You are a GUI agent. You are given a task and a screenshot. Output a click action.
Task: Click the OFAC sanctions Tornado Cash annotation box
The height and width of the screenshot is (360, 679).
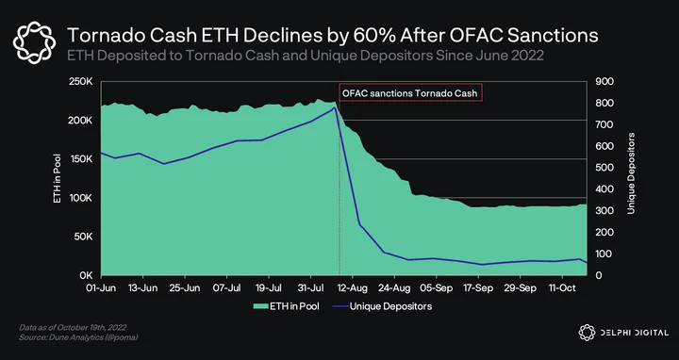click(410, 93)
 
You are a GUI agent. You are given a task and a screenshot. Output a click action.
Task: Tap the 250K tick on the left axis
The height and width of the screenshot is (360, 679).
click(79, 82)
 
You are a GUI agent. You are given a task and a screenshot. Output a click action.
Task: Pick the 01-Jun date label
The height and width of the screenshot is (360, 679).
click(101, 288)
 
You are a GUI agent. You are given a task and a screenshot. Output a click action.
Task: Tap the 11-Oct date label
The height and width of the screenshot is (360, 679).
click(562, 288)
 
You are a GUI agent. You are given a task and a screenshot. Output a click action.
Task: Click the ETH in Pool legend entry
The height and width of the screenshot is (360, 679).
click(287, 306)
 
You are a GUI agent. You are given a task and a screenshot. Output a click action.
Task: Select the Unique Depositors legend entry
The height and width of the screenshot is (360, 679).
click(382, 306)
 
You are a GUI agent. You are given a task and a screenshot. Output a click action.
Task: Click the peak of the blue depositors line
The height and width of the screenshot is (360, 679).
click(334, 107)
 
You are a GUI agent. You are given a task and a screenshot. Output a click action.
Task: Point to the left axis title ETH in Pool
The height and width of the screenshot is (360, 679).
click(58, 179)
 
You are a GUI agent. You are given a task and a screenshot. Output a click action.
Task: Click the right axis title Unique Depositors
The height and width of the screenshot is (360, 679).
click(631, 173)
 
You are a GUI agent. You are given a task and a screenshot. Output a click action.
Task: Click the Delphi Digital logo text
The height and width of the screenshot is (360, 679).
click(634, 333)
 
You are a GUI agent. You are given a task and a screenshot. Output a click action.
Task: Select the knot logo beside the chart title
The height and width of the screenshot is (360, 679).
click(34, 42)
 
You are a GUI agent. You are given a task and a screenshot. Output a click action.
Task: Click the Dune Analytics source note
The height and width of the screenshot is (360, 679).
click(79, 337)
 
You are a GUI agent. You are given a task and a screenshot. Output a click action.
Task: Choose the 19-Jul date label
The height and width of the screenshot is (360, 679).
click(269, 288)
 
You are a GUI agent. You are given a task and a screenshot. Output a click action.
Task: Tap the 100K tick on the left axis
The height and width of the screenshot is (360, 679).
click(79, 198)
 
